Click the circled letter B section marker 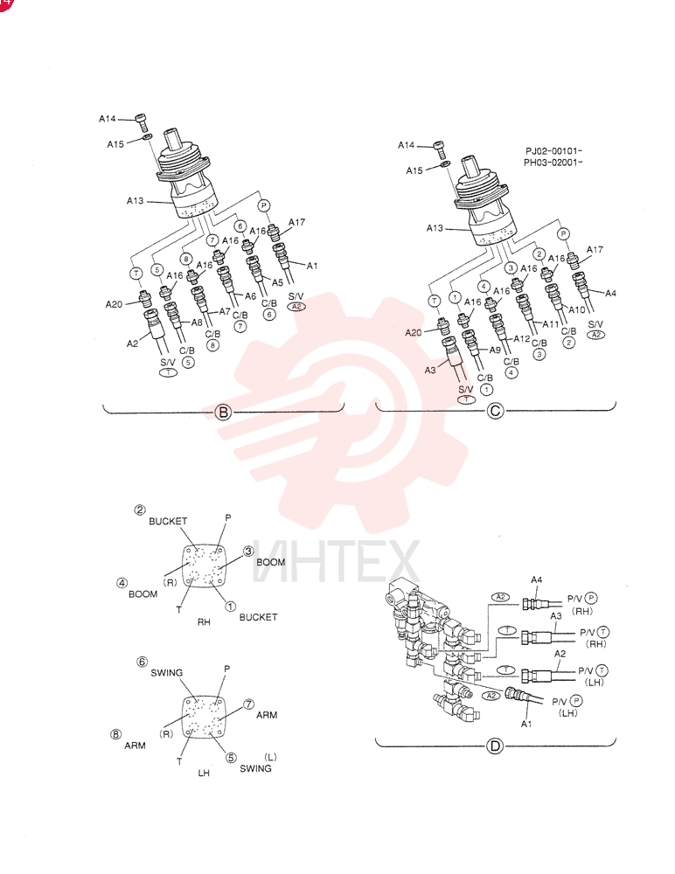click(223, 413)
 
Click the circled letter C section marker click(495, 412)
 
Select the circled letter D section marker click(495, 746)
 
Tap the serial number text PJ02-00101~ click(554, 151)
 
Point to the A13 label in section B click(135, 201)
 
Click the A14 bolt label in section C click(406, 145)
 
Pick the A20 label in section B click(114, 304)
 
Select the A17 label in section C click(595, 250)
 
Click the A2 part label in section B click(132, 343)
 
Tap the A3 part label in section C click(430, 370)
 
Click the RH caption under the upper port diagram click(204, 622)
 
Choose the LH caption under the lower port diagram click(204, 773)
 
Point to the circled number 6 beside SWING click(143, 662)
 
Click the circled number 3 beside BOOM click(248, 551)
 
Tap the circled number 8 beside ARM click(115, 734)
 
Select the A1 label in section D click(526, 724)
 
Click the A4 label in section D click(536, 580)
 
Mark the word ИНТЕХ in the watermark click(336, 561)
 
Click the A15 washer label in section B click(115, 144)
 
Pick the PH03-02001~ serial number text click(553, 163)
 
